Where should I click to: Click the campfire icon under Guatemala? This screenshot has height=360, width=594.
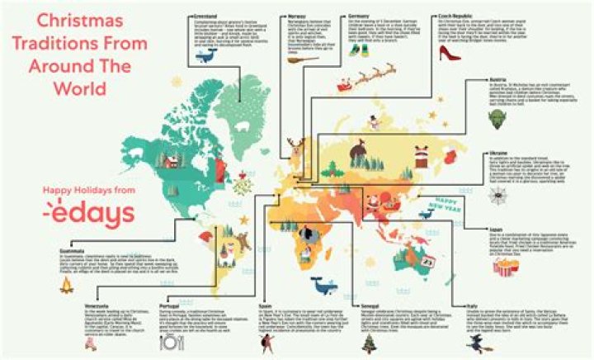coord(68,286)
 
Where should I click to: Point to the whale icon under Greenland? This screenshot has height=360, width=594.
coord(214,54)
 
